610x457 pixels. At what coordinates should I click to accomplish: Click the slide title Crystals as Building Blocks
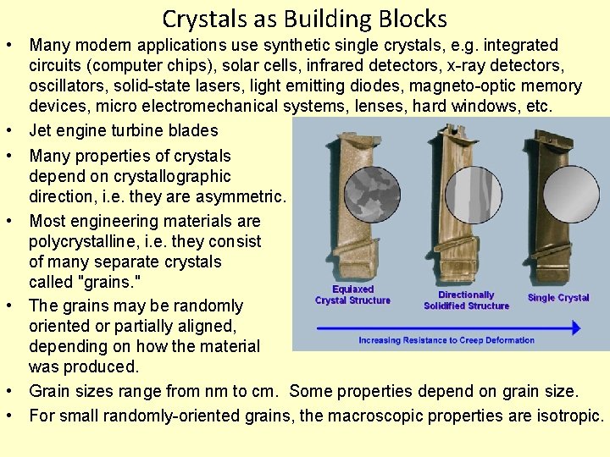(304, 18)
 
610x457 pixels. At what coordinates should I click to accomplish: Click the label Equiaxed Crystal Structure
(352, 295)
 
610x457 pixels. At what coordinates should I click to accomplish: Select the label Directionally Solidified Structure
(466, 300)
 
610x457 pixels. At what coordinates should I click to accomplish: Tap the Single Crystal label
(558, 298)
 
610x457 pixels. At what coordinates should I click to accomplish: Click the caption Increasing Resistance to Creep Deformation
(446, 340)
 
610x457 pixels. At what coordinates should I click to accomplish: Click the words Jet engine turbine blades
(124, 130)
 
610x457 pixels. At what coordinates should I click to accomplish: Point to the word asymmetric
(247, 197)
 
